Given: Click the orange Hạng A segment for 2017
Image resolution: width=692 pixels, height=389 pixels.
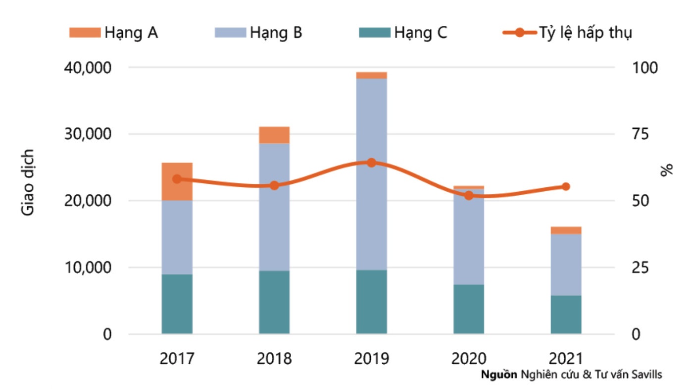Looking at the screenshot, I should click(x=177, y=181).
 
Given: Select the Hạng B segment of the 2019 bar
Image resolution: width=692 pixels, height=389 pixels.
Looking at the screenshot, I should click(x=371, y=173).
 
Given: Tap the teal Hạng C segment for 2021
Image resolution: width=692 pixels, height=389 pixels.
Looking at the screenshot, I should click(x=566, y=315).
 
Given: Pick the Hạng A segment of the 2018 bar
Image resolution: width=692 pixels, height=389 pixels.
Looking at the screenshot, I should click(x=274, y=135).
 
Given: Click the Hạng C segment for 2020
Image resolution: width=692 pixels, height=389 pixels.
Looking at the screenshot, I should click(x=468, y=309).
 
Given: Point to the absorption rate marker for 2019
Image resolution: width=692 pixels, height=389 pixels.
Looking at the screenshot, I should click(x=371, y=163).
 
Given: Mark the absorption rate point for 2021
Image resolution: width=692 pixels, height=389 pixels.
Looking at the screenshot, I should click(x=566, y=187).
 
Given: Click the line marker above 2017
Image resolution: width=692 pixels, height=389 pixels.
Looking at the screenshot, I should click(x=177, y=179).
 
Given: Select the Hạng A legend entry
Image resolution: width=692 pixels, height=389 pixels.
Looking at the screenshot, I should click(x=114, y=33).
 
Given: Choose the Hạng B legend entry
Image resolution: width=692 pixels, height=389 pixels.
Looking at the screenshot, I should click(x=258, y=33).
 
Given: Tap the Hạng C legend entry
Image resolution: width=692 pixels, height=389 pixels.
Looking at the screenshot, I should click(x=403, y=33).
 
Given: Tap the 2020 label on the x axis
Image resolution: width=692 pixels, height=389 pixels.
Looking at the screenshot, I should click(x=468, y=358).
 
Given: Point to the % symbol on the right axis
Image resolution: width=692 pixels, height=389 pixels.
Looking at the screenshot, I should click(x=667, y=170).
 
